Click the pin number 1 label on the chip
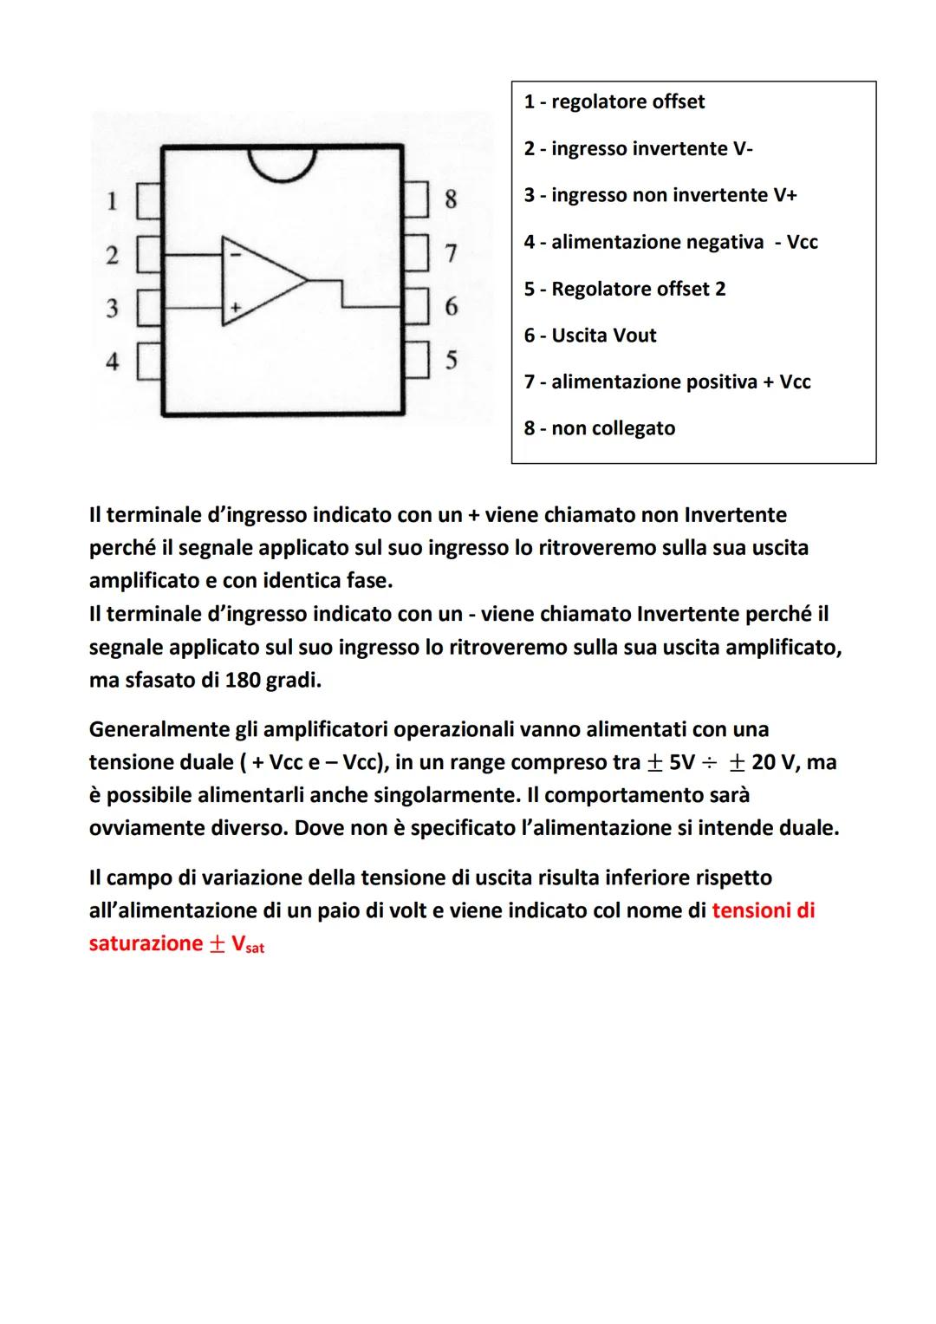point(112,201)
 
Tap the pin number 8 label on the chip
point(451,199)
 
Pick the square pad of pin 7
point(417,252)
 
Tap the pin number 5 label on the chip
point(451,360)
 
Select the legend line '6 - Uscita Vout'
point(589,336)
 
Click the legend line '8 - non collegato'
point(599,428)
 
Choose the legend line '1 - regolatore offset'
point(614,102)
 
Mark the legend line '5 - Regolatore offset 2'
point(624,289)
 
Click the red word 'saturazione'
point(146,943)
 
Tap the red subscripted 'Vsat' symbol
point(248,944)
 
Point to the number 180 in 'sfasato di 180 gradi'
point(243,680)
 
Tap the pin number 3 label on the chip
point(112,308)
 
